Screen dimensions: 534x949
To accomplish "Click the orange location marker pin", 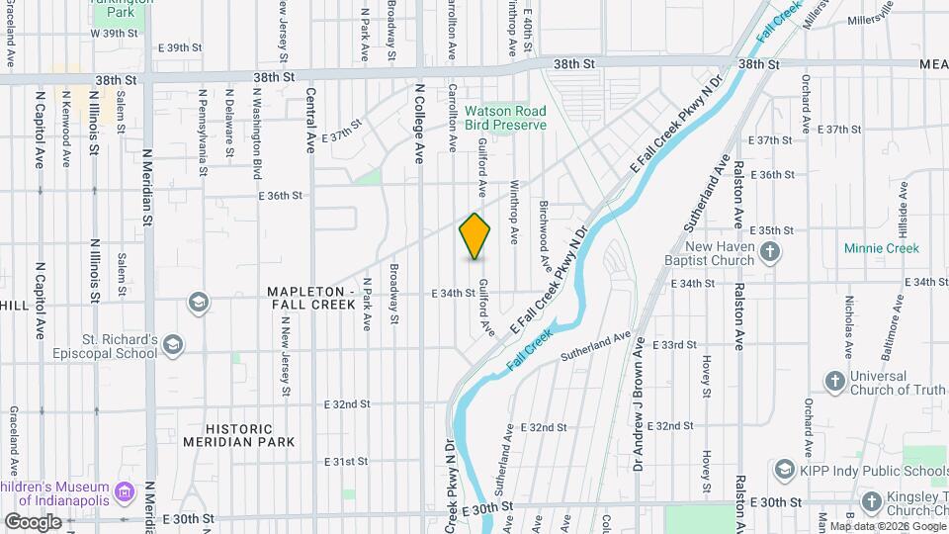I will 475,235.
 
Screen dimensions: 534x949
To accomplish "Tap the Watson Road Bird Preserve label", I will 506,119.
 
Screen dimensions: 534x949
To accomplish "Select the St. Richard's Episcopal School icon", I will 174,345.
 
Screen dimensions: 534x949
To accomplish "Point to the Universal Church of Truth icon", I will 834,381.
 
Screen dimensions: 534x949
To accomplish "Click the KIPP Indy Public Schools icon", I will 786,469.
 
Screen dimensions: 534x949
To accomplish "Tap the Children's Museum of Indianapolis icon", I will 125,491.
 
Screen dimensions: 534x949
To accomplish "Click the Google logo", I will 34,521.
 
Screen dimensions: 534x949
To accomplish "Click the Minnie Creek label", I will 882,248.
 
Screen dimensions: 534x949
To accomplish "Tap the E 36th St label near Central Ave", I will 280,196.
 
